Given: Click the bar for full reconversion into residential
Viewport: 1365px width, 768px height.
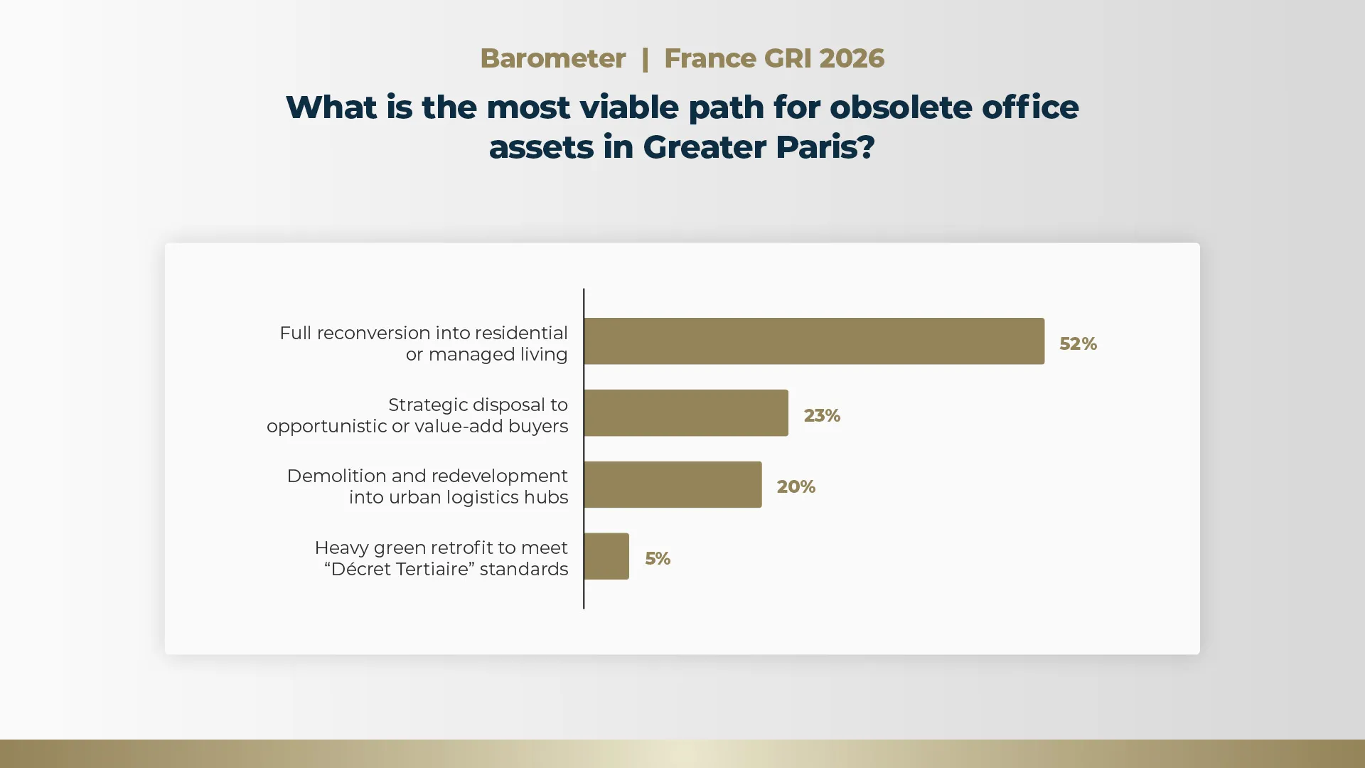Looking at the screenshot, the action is (814, 341).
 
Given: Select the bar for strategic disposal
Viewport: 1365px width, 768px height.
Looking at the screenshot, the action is (686, 412).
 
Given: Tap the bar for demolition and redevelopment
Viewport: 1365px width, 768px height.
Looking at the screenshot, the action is (673, 484).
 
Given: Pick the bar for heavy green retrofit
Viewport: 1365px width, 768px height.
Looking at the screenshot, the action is (606, 556).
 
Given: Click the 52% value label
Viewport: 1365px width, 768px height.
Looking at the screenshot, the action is (1078, 344).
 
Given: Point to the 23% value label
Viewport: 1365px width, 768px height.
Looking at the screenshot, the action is (822, 416).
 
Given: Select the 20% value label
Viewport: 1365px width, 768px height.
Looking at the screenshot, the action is (796, 487).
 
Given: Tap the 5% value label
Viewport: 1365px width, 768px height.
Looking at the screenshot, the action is (658, 559).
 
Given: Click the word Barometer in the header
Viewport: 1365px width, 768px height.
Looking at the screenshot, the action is (553, 58).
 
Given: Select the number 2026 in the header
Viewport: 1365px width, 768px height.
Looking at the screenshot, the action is (852, 58).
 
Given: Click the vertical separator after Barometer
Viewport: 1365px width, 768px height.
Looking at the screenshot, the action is (645, 59).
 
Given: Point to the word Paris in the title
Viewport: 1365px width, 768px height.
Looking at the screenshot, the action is (815, 147).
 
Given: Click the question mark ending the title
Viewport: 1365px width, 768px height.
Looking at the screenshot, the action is (866, 147).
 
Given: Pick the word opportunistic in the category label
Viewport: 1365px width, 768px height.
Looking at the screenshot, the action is (327, 427).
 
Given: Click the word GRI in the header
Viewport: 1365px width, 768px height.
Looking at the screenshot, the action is (788, 58).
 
